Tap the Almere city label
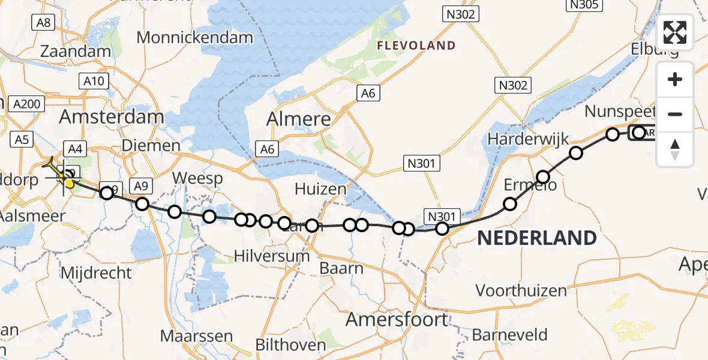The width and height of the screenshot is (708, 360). click(x=299, y=119)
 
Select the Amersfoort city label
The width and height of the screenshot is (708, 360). click(x=397, y=320)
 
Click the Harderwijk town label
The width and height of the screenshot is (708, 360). click(x=520, y=139)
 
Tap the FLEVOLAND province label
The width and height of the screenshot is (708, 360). click(x=416, y=46)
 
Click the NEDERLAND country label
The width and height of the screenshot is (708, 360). click(x=536, y=238)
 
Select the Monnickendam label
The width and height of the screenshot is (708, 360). click(x=195, y=38)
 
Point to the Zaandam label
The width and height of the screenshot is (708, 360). click(x=76, y=52)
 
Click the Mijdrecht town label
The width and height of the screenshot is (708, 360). click(x=96, y=274)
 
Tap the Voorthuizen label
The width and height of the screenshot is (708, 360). click(x=521, y=291)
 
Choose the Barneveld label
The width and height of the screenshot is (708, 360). click(x=509, y=334)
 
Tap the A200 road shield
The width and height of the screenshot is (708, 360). click(x=27, y=104)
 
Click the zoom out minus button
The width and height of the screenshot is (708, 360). click(x=675, y=114)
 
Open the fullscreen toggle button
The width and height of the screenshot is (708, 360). click(x=675, y=32)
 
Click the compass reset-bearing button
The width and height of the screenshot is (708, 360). click(x=675, y=149)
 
